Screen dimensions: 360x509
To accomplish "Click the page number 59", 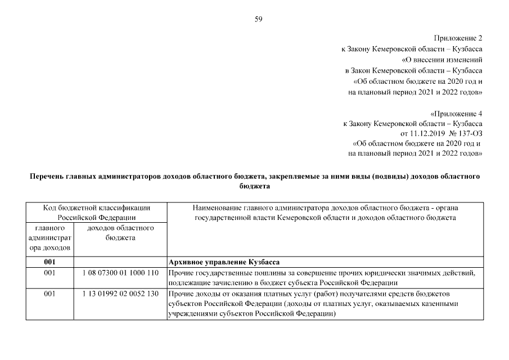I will pyautogui.click(x=258, y=19).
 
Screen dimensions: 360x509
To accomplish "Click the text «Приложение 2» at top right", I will pyautogui.click(x=458, y=38).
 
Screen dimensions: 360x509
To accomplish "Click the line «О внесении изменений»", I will pyautogui.click(x=442, y=59).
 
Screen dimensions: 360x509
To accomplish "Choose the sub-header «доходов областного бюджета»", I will pyautogui.click(x=120, y=233).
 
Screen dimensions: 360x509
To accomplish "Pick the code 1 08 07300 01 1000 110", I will pyautogui.click(x=120, y=273).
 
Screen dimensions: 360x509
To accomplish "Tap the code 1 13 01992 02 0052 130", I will pyautogui.click(x=120, y=294).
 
